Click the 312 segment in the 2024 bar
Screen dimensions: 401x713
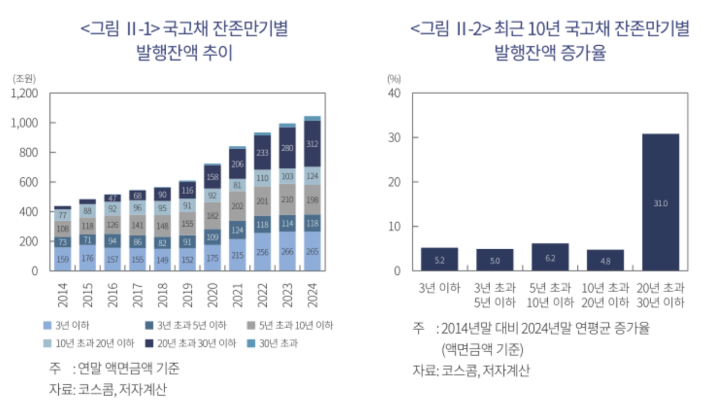pyautogui.click(x=312, y=143)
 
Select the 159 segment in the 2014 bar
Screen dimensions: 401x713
pyautogui.click(x=63, y=259)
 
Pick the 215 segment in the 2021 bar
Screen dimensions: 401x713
pyautogui.click(x=238, y=255)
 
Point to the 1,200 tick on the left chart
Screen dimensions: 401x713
pyautogui.click(x=24, y=93)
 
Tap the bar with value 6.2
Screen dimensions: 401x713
pyautogui.click(x=550, y=258)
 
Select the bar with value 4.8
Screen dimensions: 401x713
pyautogui.click(x=605, y=261)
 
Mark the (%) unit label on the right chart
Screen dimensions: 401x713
pyautogui.click(x=394, y=77)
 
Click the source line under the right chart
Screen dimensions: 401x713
pyautogui.click(x=471, y=370)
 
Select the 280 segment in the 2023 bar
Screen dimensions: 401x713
pyautogui.click(x=287, y=148)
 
